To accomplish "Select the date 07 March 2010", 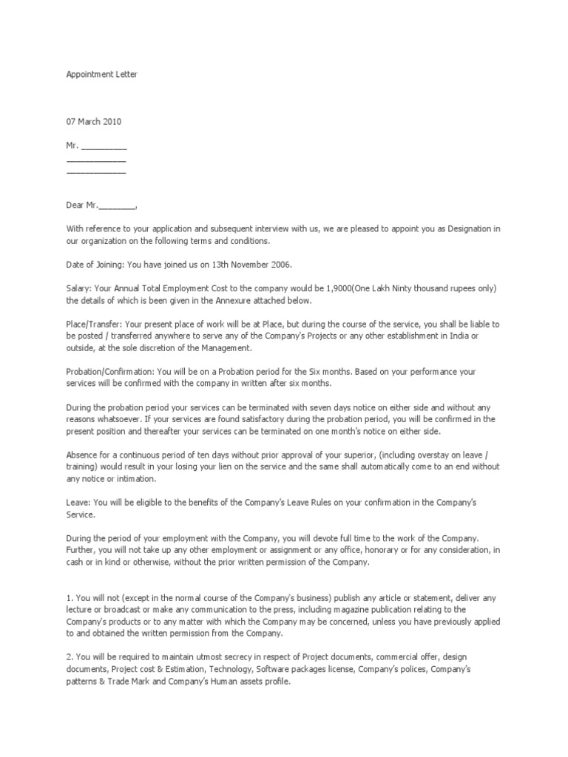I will tap(94, 121).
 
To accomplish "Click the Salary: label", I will tap(79, 288).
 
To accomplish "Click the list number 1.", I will tap(69, 597).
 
